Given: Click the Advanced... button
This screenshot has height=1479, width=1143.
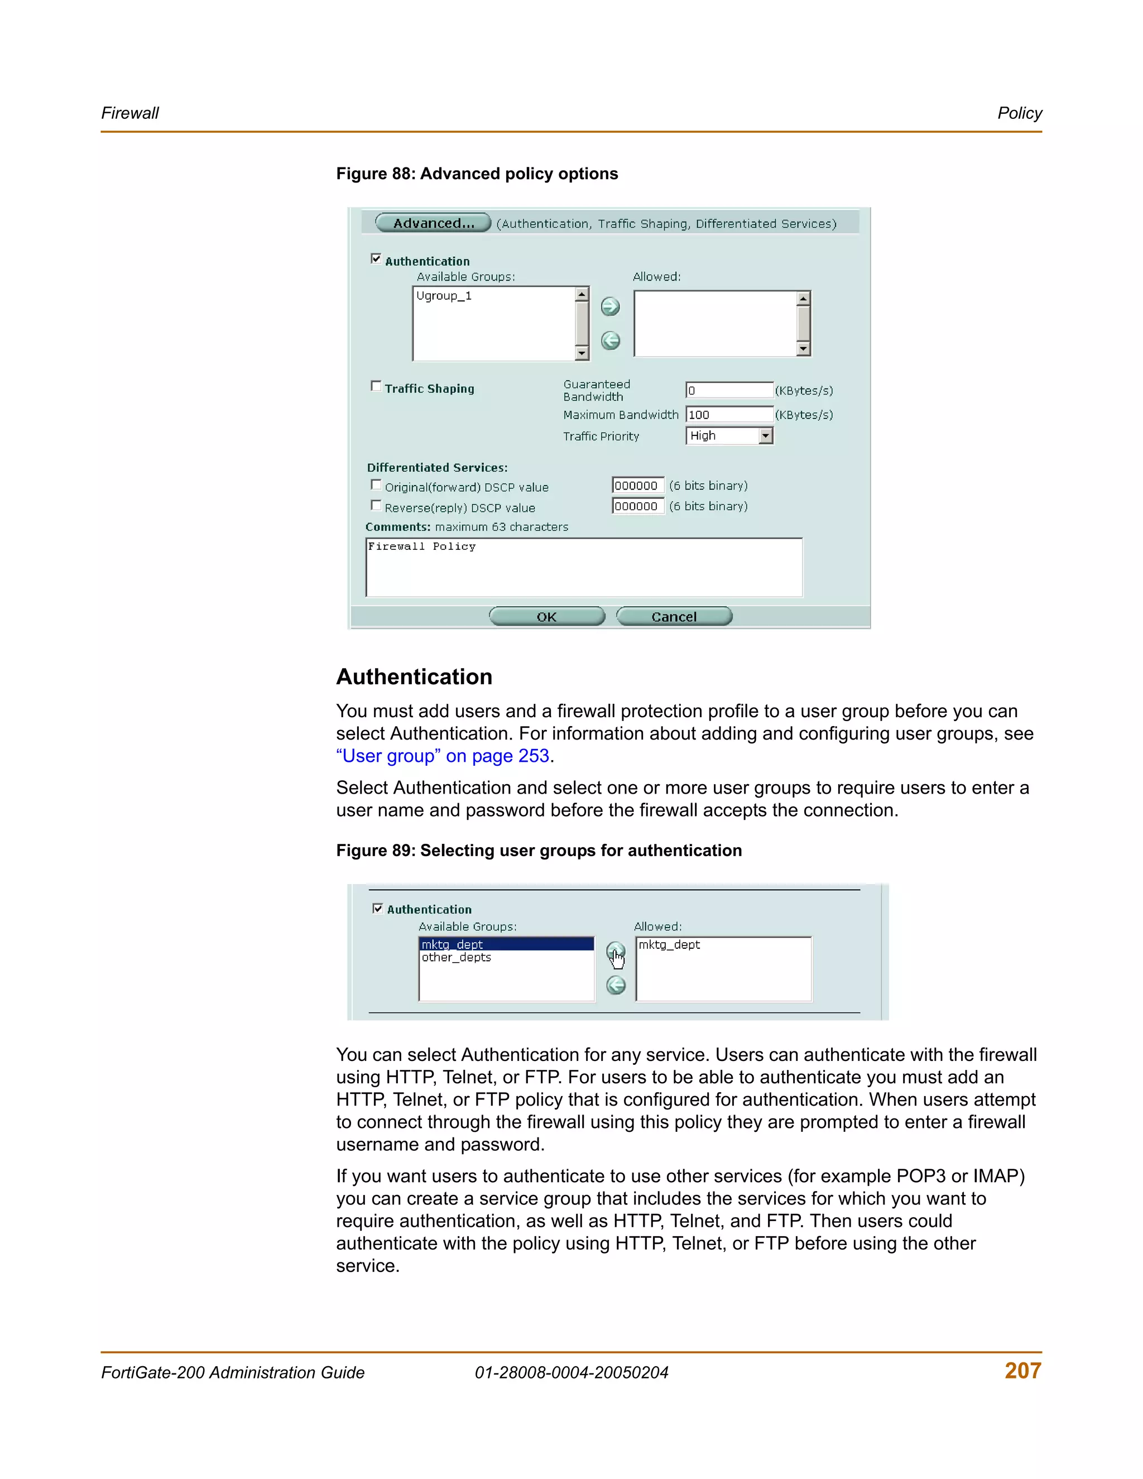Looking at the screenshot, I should pos(433,223).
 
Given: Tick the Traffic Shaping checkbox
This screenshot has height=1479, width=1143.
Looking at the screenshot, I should pos(376,386).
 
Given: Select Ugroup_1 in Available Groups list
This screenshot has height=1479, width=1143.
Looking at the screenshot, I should pos(444,296).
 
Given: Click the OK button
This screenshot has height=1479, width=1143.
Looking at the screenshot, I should pos(546,616).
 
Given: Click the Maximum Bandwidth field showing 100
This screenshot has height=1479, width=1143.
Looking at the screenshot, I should pos(728,415).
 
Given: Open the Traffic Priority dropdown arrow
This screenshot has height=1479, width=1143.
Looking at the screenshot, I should pos(765,436).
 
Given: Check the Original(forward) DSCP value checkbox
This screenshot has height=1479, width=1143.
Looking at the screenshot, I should pos(376,485).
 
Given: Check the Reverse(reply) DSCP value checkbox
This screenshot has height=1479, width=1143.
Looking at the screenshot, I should pos(376,505).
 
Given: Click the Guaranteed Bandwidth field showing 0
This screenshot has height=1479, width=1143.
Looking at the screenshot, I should pos(728,390).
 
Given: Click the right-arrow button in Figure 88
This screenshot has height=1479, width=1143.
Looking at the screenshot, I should pos(610,307).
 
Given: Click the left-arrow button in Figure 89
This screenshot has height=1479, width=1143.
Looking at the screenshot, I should pos(616,985).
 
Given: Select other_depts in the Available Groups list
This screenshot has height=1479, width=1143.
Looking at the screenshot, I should pos(457,958).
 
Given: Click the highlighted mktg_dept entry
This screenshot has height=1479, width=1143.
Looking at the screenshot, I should pos(452,944).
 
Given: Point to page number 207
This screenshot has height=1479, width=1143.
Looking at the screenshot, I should pos(1022,1371).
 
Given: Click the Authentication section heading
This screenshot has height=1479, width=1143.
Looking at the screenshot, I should pos(415,676).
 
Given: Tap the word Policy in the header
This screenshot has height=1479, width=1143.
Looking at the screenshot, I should pos(1019,113).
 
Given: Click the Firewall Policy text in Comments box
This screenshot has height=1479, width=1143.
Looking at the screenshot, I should pos(422,546).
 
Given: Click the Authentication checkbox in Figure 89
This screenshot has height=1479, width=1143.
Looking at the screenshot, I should pos(378,908).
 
